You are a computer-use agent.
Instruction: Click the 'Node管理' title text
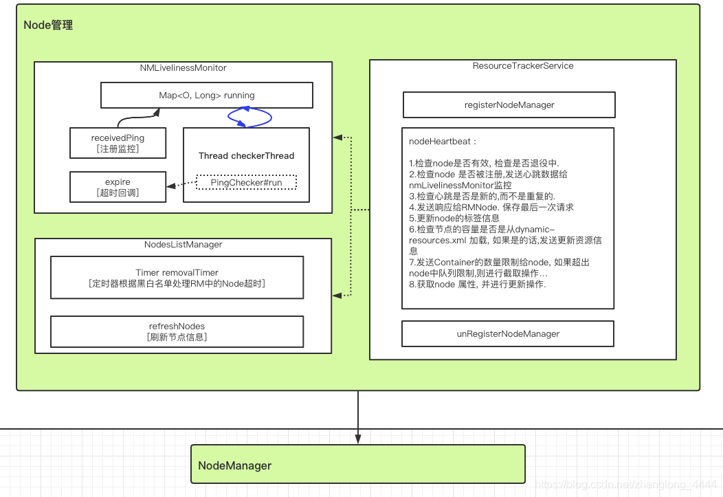pos(48,25)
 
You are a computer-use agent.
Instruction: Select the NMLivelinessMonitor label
pos(183,68)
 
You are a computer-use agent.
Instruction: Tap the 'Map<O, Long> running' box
pos(206,96)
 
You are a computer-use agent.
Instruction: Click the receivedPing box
pos(118,142)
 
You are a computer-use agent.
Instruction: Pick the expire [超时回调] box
pos(118,187)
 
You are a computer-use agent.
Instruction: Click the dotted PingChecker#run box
pos(246,183)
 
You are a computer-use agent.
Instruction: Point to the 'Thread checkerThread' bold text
pos(246,155)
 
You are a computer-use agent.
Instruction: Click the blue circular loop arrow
pos(249,118)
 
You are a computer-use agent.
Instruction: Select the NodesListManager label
pos(183,245)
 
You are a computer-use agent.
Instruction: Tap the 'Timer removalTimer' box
pos(177,278)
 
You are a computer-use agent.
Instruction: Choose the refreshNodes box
pos(177,331)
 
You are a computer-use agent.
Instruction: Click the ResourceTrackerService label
pos(522,66)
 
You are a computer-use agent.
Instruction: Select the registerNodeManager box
pos(509,105)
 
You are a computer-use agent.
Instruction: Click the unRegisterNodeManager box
pos(507,334)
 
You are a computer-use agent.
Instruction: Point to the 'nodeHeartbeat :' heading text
pos(442,142)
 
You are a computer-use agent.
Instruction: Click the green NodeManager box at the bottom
pos(357,465)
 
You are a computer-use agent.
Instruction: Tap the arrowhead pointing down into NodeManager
pos(357,439)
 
